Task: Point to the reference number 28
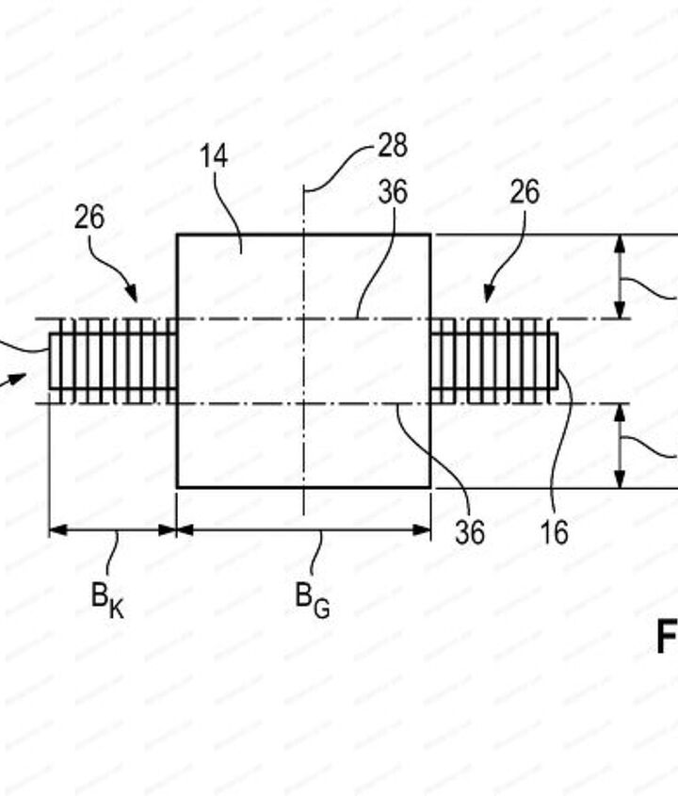(392, 146)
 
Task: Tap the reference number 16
(556, 532)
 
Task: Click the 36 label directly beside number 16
(470, 532)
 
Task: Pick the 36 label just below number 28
(393, 193)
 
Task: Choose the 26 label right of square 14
(525, 193)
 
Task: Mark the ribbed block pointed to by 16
(494, 361)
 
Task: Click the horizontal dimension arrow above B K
(113, 529)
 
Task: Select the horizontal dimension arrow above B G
(303, 529)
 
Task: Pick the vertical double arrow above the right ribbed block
(620, 277)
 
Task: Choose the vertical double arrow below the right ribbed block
(620, 447)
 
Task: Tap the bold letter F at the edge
(667, 640)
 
